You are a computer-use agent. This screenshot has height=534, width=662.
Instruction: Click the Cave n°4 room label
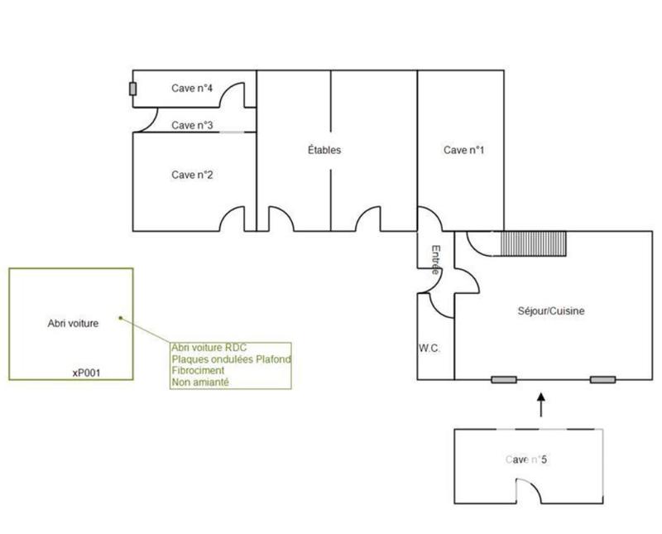coord(193,88)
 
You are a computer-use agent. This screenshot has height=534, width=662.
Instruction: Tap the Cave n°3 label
coord(193,125)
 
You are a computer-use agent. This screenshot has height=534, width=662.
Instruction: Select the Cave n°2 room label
coord(193,175)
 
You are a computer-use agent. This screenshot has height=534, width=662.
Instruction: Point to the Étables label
coord(324,151)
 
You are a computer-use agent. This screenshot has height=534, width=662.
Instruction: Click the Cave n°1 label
coord(463,151)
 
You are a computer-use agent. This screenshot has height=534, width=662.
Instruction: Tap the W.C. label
coord(429,349)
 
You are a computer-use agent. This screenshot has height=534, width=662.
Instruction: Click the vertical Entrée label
coord(434,258)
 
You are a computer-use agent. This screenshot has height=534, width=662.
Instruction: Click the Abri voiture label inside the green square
coord(73,324)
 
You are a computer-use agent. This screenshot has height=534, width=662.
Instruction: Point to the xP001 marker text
coord(86,373)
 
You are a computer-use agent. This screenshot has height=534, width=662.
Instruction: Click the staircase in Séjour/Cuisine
coord(531,244)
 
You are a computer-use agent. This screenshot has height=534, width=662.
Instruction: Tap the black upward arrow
coord(541,405)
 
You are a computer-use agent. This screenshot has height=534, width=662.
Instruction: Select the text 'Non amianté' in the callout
coord(199,382)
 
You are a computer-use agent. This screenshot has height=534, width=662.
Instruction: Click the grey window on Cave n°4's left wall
coord(132,89)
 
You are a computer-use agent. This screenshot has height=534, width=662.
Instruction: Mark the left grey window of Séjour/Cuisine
coord(503,379)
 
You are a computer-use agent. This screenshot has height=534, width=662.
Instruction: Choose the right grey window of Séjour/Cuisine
coord(602,379)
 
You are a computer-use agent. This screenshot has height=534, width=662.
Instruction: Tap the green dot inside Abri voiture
coord(120,317)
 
